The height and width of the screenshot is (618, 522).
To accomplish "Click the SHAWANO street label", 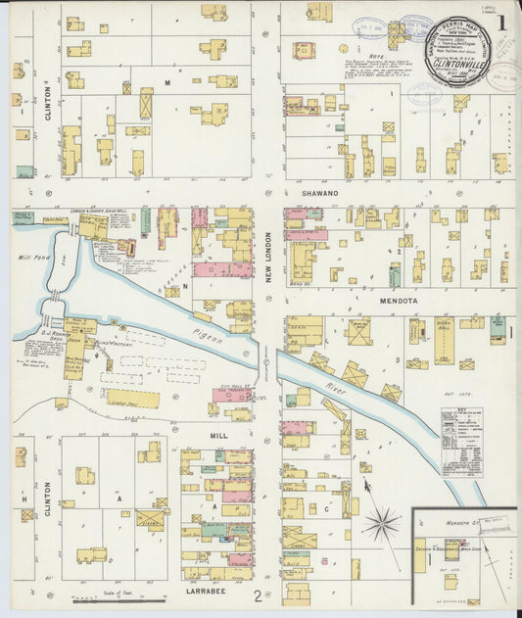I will [x=319, y=194].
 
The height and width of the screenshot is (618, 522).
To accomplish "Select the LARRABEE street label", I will [x=205, y=593].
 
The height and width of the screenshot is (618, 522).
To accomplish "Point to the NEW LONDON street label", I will [x=266, y=256].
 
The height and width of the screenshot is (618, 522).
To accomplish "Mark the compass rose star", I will [x=381, y=524].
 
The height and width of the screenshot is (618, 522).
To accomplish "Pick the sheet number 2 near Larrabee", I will [x=257, y=594].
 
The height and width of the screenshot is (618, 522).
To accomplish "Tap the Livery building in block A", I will [x=151, y=520].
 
